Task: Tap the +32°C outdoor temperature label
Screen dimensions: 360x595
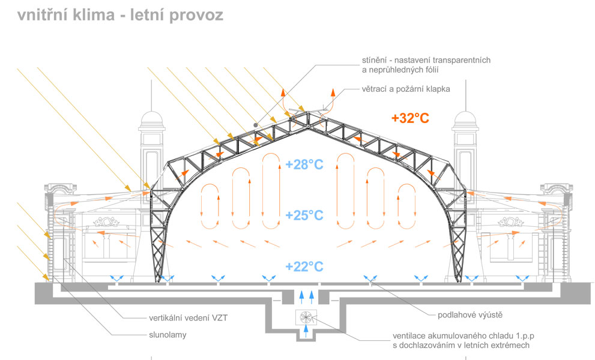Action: [410, 118]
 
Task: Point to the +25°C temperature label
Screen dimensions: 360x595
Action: [304, 215]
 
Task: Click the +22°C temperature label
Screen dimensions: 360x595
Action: [304, 266]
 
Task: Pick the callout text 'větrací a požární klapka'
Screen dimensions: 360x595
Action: [405, 88]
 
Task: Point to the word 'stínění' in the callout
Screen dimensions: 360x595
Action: [373, 59]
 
